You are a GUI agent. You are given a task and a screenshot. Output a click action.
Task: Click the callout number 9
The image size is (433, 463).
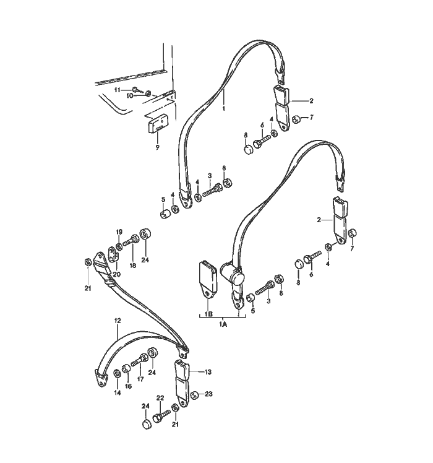point(157,147)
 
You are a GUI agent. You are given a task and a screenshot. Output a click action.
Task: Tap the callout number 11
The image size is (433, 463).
point(118,90)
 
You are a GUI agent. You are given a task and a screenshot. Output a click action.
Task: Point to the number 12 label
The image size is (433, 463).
point(118,320)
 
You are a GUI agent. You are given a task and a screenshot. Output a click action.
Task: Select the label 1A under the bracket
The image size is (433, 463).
point(223,324)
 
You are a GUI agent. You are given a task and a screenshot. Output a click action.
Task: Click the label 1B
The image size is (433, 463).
point(208,314)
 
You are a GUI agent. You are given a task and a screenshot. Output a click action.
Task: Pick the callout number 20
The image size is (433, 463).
point(116,274)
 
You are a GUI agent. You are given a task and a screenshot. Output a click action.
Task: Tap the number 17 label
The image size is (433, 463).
point(140,379)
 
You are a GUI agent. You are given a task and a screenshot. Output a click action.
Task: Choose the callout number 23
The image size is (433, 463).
point(208,394)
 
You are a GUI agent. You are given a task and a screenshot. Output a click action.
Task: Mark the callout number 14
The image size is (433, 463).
point(118,392)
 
